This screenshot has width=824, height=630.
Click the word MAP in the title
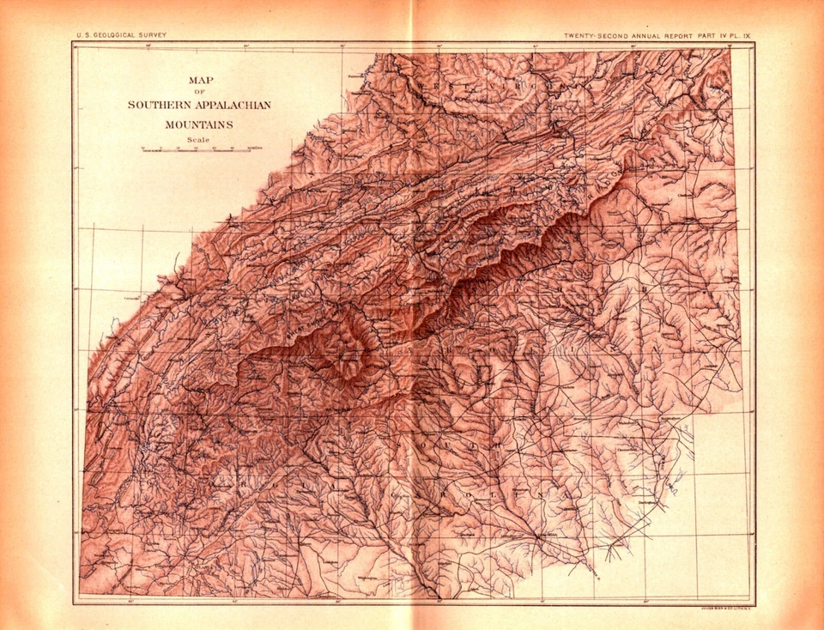pos(199,80)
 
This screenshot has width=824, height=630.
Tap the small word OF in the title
pos(199,91)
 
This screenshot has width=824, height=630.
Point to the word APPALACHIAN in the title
pos(234,105)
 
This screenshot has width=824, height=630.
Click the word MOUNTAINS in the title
pos(199,124)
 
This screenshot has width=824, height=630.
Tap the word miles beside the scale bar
pos(256,149)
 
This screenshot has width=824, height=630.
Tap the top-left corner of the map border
pos(73,43)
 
